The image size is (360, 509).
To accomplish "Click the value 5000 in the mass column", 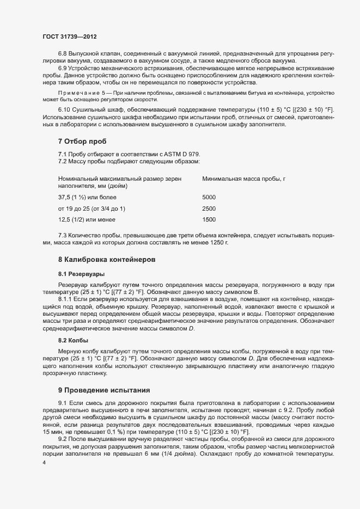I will tap(209, 197).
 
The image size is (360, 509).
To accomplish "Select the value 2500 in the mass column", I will tap(209, 208).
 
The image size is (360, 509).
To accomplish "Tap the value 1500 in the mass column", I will tap(209, 220).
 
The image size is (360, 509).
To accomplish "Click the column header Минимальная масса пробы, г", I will tap(244, 179).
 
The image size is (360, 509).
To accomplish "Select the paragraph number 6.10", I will tap(65, 111).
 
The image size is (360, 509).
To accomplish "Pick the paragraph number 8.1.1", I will tap(66, 300).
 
